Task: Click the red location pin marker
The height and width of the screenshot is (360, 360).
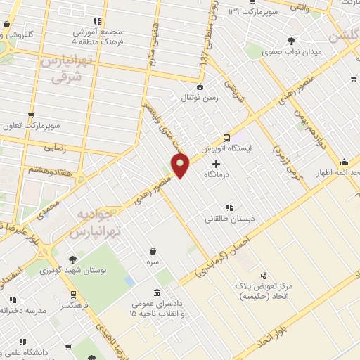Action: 181,166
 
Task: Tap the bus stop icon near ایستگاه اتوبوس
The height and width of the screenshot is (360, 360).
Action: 226,138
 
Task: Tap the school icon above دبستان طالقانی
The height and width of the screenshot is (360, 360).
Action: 229,207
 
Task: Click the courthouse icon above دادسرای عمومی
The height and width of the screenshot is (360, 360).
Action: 157,292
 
